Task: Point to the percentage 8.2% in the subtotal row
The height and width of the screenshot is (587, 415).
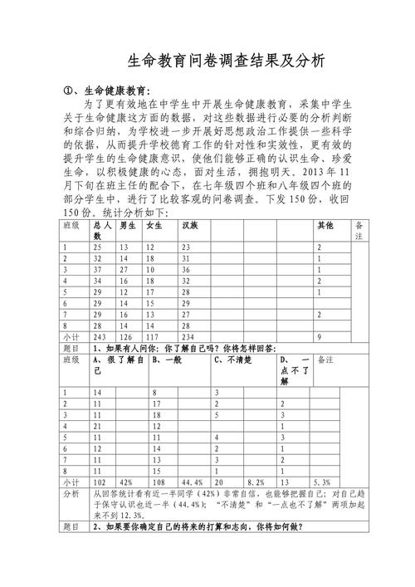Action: pos(256,481)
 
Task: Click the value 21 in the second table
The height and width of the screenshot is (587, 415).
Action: pos(98,424)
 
